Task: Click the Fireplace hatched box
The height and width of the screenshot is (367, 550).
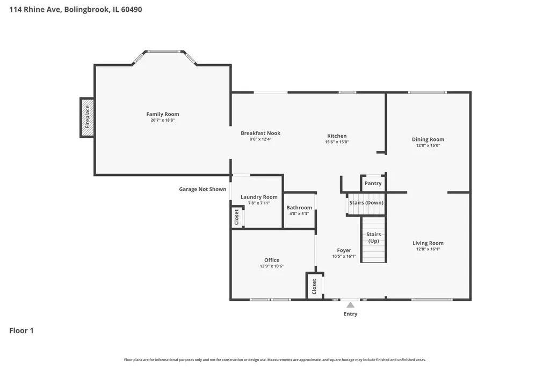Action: click(x=87, y=117)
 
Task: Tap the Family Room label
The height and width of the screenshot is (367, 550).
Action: click(x=162, y=114)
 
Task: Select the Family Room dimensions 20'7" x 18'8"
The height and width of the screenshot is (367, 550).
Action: click(x=162, y=120)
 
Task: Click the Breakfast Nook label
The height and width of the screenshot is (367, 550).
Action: click(x=260, y=133)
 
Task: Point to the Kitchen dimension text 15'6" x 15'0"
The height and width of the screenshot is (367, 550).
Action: click(x=337, y=142)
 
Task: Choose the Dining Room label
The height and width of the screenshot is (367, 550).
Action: click(x=428, y=139)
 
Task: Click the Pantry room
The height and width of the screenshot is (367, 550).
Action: click(x=373, y=183)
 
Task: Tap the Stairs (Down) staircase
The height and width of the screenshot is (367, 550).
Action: click(x=366, y=203)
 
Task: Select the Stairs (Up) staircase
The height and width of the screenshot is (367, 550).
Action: click(x=374, y=239)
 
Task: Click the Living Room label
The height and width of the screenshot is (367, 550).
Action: click(x=428, y=243)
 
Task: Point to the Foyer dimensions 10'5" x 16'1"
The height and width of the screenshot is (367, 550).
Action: click(x=344, y=256)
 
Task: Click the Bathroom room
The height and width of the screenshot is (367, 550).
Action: click(x=299, y=210)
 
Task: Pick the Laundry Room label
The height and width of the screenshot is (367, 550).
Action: click(x=259, y=197)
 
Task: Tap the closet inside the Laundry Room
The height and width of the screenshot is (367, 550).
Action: click(x=237, y=217)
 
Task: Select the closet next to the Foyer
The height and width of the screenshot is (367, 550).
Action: click(x=315, y=286)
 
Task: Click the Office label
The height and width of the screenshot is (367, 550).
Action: click(x=272, y=260)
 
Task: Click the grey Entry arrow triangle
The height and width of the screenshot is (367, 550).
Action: click(x=350, y=305)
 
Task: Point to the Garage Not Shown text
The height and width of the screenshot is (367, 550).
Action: click(x=202, y=189)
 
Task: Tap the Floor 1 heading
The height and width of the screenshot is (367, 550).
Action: click(x=21, y=330)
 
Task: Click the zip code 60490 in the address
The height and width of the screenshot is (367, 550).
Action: click(x=132, y=10)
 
